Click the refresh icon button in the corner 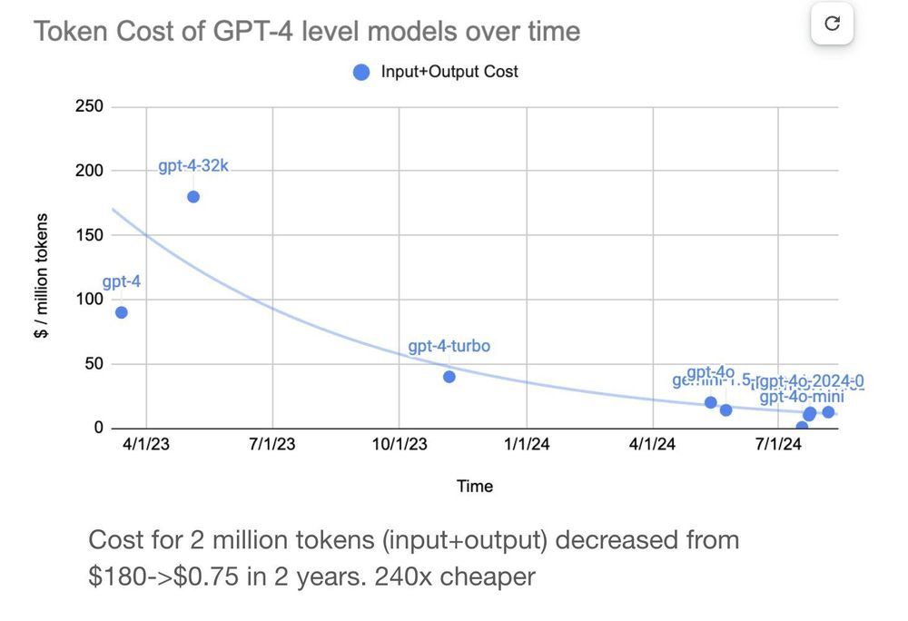click(832, 25)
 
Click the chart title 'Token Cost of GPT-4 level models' click(306, 32)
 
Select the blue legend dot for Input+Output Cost click(361, 72)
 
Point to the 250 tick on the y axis click(90, 107)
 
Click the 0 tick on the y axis click(98, 429)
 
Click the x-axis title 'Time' click(474, 487)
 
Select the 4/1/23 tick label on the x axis click(145, 446)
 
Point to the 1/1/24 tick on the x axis click(526, 446)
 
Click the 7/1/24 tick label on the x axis click(778, 446)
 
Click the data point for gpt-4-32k click(192, 197)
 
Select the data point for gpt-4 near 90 click(121, 312)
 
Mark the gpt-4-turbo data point click(449, 377)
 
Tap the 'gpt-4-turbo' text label click(449, 347)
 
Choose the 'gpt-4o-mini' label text click(801, 397)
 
